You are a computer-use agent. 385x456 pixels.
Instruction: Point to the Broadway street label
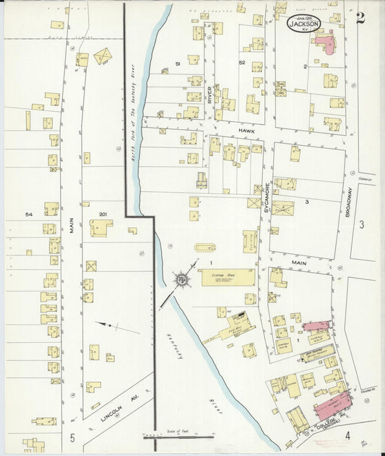(350, 202)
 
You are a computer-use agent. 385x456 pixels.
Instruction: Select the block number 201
(102, 214)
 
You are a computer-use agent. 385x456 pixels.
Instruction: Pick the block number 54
(29, 215)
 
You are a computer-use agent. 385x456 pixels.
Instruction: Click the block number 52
(242, 64)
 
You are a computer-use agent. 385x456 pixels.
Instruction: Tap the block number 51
(177, 64)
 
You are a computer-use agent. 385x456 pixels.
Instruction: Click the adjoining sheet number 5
(72, 437)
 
